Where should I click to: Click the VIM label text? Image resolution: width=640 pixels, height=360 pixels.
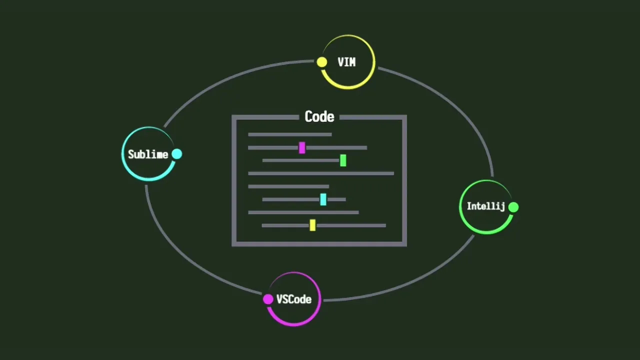click(346, 62)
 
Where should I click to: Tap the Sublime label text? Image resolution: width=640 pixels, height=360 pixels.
click(147, 154)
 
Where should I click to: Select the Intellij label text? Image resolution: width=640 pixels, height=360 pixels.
click(485, 206)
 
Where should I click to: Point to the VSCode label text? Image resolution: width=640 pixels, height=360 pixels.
click(294, 299)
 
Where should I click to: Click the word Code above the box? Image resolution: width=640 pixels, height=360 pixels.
click(319, 117)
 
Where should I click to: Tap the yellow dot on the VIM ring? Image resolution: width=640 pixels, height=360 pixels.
click(322, 62)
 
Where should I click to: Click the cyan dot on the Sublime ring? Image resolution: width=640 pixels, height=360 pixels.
click(177, 154)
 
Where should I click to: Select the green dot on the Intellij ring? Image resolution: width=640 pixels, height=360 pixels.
click(513, 206)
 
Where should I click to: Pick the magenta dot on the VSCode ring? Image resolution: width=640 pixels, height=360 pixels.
click(268, 299)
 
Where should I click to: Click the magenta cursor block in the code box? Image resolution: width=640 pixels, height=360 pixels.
click(302, 147)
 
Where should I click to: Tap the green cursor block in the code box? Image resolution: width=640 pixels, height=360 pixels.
click(343, 160)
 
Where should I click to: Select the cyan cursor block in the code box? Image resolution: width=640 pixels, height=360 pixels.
click(323, 199)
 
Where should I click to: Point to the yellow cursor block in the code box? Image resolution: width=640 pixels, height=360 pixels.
click(312, 225)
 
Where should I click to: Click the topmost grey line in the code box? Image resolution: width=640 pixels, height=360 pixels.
click(289, 134)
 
